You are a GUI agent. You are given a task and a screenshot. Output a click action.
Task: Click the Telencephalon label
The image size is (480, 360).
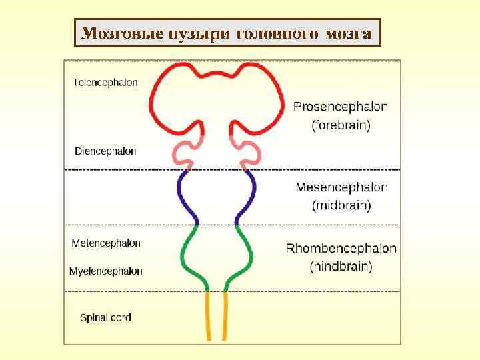105,83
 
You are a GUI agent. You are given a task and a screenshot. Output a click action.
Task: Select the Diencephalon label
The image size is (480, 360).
105,151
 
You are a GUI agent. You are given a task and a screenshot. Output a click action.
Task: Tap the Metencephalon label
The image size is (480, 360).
106,243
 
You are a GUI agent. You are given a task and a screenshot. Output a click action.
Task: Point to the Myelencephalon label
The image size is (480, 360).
106,271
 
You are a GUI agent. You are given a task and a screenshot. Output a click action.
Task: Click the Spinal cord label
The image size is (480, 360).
105,317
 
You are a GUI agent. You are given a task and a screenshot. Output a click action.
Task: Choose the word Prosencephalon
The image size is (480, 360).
341,107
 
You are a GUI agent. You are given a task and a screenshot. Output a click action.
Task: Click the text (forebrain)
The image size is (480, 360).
341,125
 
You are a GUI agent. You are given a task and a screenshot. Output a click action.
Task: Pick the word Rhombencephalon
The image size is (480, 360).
341,249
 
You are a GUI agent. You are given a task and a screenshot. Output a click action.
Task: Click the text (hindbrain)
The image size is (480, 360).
341,267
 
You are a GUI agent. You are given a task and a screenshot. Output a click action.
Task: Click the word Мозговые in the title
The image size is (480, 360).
122,33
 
